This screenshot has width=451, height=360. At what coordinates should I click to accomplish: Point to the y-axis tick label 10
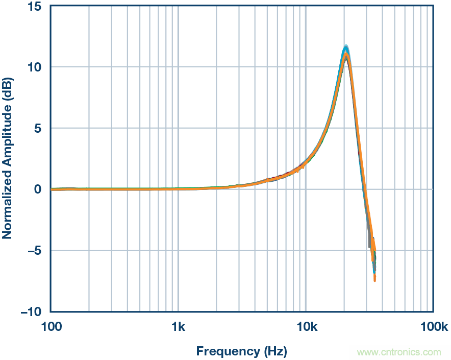click(35, 67)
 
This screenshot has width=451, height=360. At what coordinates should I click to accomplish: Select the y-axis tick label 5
click(38, 128)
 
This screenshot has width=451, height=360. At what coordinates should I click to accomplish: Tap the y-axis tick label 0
click(38, 189)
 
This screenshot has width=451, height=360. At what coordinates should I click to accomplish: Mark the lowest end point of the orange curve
click(375, 280)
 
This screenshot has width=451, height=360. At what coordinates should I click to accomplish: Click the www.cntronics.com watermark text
click(398, 352)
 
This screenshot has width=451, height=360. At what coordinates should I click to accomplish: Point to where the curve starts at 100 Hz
click(52, 189)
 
